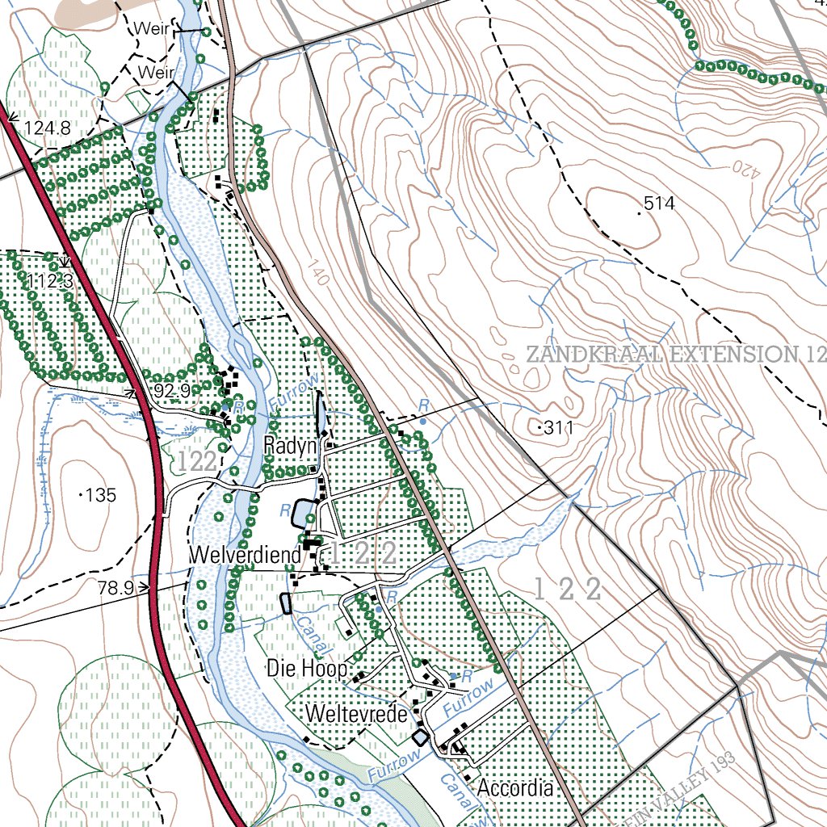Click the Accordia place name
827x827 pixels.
click(x=515, y=788)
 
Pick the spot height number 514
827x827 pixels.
click(x=660, y=204)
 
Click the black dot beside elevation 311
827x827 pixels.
click(x=539, y=428)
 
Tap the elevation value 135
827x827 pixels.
click(x=101, y=495)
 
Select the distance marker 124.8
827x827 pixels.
click(x=47, y=128)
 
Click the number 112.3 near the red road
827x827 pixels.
click(x=50, y=281)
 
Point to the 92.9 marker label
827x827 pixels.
click(x=170, y=392)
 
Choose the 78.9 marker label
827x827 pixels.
click(x=115, y=589)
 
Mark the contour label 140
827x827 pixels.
click(x=319, y=272)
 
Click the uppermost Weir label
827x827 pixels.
click(x=152, y=29)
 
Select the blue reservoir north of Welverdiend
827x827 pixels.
click(x=303, y=512)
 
